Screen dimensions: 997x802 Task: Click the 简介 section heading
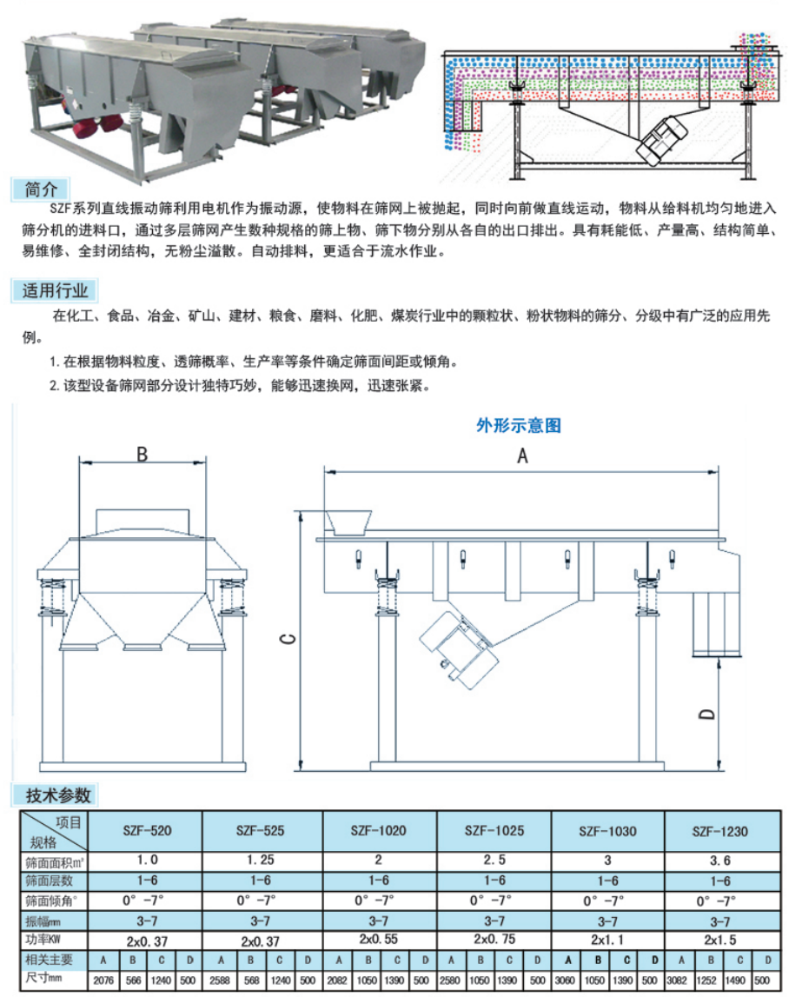pyautogui.click(x=41, y=189)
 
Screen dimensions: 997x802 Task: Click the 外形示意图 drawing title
pyautogui.click(x=519, y=426)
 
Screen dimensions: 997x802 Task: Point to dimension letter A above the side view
pyautogui.click(x=522, y=455)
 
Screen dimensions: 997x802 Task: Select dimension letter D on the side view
pyautogui.click(x=707, y=715)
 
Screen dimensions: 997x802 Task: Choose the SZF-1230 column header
pyautogui.click(x=719, y=831)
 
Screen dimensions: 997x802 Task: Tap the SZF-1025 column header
pyautogui.click(x=495, y=830)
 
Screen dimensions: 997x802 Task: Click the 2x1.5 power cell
pyautogui.click(x=719, y=941)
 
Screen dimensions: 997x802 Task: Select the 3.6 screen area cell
pyautogui.click(x=719, y=861)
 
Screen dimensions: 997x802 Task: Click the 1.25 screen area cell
pyautogui.click(x=261, y=861)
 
